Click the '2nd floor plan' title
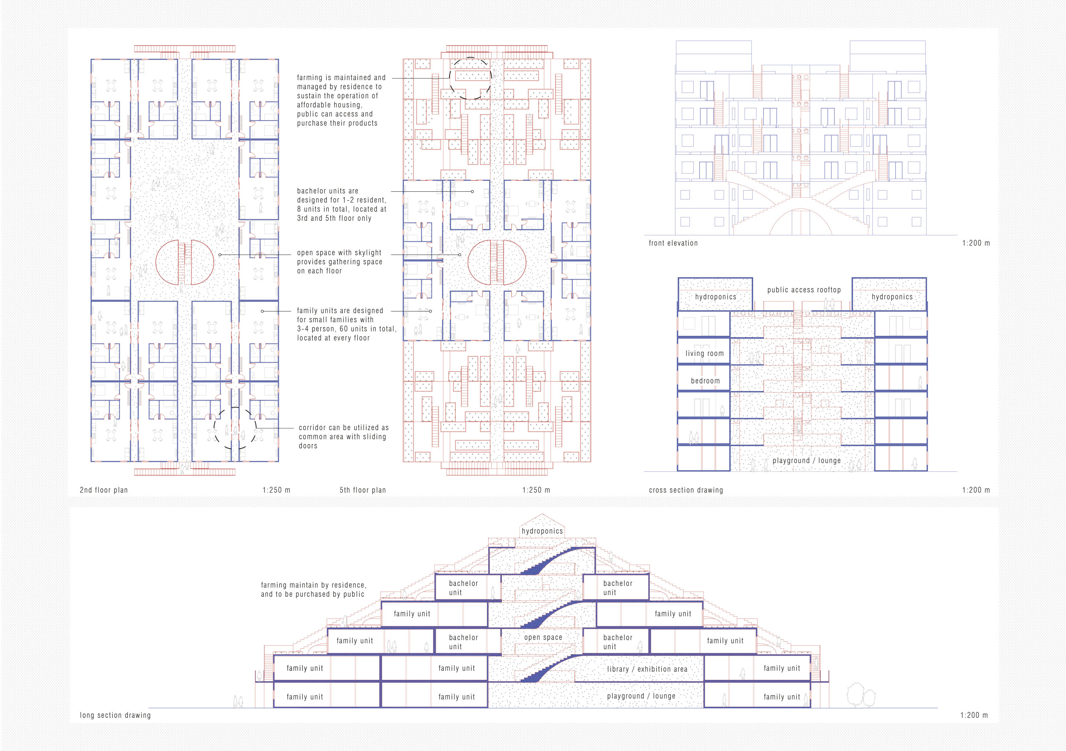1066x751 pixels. pos(104,490)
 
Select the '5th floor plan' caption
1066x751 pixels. pos(362,490)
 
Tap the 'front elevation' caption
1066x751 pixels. pos(673,243)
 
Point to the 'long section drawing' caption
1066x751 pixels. pos(115,715)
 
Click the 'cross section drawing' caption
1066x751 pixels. pos(686,490)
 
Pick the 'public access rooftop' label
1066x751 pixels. pos(804,290)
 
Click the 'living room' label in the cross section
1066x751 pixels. pos(704,354)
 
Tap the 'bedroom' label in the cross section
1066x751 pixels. pos(705,381)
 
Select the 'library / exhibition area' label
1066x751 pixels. pos(647,669)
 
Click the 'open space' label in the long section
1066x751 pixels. pos(543,638)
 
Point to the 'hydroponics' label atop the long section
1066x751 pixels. pos(542,531)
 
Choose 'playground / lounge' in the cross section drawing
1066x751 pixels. pos(806,461)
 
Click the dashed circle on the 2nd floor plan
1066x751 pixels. pos(235,407)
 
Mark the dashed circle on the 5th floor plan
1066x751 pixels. pos(470,58)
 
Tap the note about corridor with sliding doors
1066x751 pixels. pos(344,437)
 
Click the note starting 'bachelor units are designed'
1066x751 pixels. pos(342,205)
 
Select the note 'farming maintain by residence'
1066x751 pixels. pos(313,590)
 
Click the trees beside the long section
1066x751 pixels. pos(861,695)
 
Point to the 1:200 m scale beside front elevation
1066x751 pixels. pos(976,243)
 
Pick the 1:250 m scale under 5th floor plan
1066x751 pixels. pos(536,490)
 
